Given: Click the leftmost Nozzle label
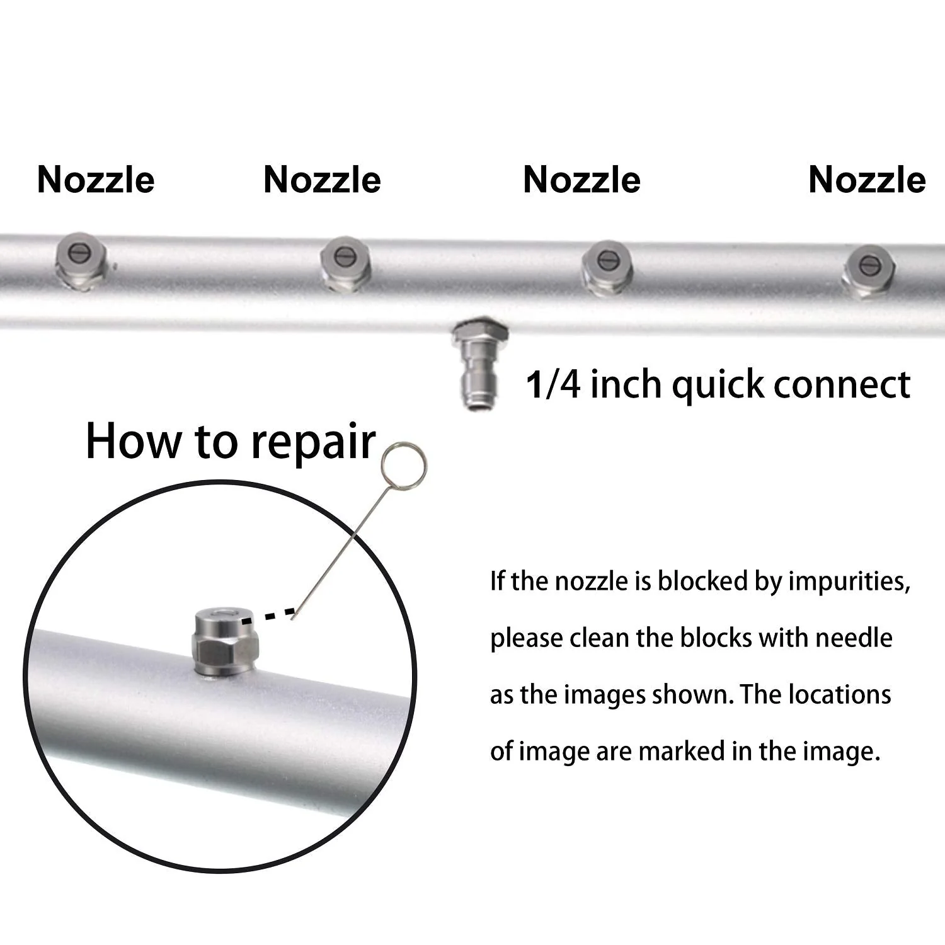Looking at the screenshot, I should tap(96, 180).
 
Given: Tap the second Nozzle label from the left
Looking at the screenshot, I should tap(322, 180).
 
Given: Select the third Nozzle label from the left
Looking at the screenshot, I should tap(581, 180).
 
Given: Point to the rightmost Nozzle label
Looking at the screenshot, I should tap(867, 180).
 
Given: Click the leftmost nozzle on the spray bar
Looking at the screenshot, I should tap(80, 261).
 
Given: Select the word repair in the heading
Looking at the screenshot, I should tap(313, 443).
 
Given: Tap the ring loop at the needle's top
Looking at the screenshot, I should tap(404, 466).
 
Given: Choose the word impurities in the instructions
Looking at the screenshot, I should tap(849, 581).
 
